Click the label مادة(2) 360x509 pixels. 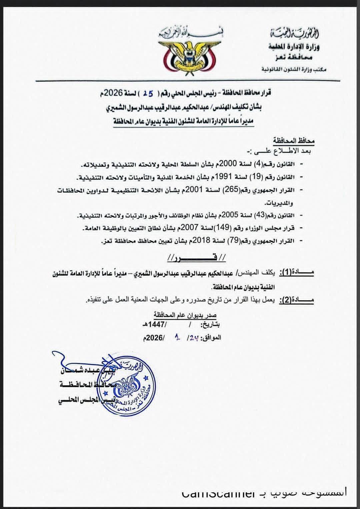click(x=295, y=300)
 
